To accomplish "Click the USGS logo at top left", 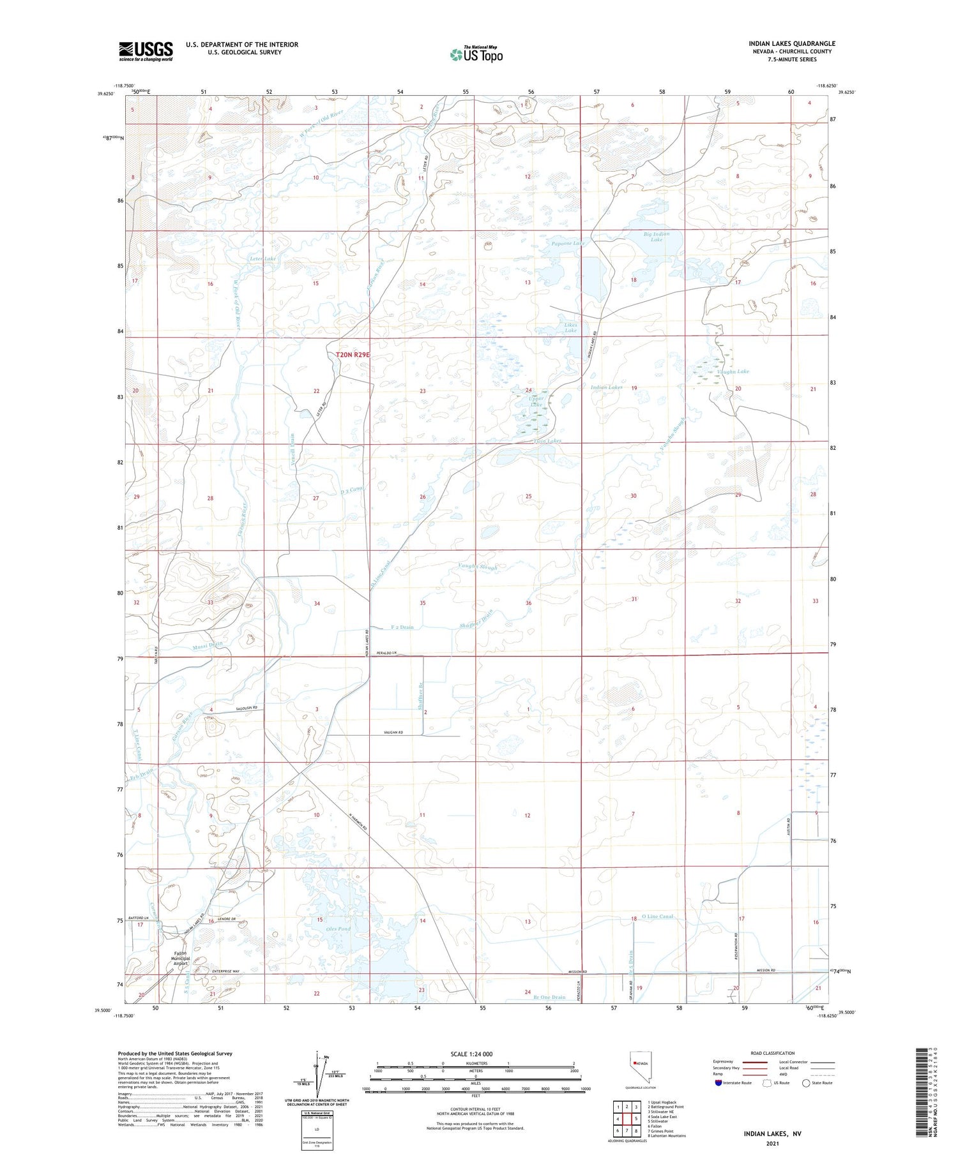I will click(x=146, y=51).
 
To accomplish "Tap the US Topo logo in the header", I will click(x=476, y=55).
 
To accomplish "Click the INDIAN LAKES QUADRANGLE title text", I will click(x=792, y=43).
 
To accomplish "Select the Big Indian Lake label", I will click(x=657, y=237).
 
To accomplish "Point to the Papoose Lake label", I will click(x=568, y=243).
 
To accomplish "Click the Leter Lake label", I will click(x=262, y=258).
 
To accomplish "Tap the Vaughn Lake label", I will click(x=733, y=371).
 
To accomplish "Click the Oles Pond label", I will click(x=338, y=929).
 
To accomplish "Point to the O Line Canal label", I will click(x=657, y=916).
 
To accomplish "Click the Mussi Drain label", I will click(x=208, y=645).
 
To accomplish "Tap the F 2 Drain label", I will click(x=402, y=627).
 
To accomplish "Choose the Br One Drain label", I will click(x=549, y=997).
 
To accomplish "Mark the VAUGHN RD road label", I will click(x=393, y=733).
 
